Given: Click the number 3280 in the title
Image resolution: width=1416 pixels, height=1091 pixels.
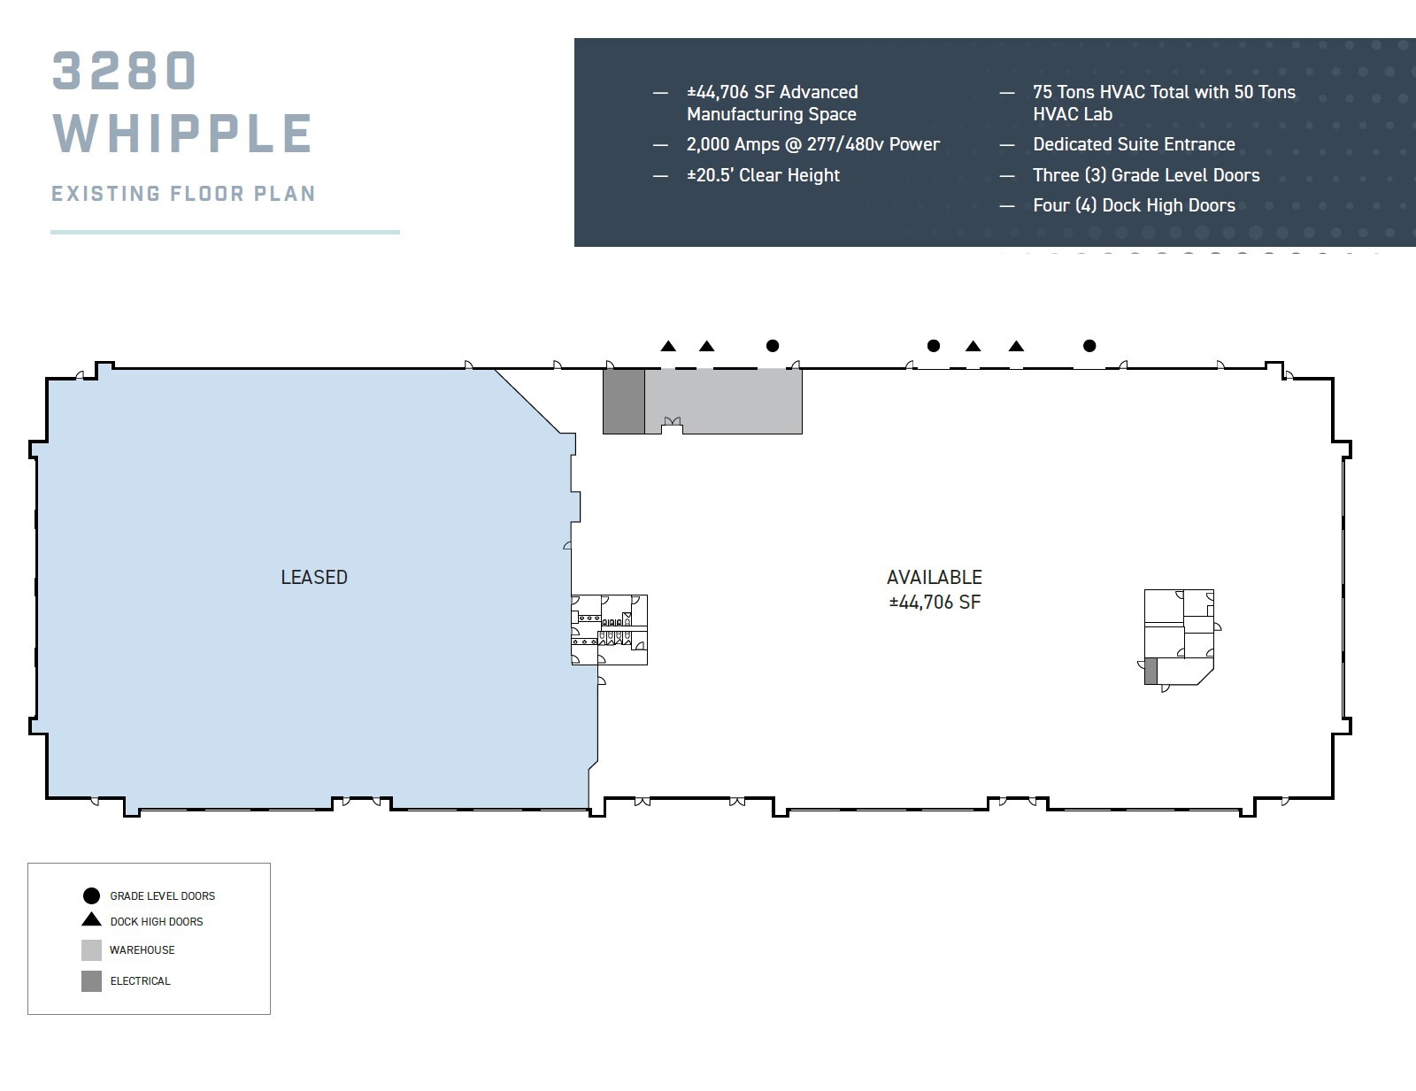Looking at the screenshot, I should tap(124, 71).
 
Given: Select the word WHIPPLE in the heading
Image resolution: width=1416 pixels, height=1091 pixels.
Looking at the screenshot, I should tap(182, 134).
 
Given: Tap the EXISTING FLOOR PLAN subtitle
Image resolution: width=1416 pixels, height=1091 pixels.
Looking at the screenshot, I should tap(183, 194).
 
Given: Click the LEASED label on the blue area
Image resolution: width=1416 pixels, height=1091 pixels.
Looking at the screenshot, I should tap(314, 577).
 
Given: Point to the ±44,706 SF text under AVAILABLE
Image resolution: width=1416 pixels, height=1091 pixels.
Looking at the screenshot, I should tap(935, 603).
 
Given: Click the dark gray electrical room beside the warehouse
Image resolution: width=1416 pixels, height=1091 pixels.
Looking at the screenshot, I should tap(623, 401).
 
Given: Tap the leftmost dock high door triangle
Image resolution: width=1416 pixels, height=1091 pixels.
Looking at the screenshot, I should tap(668, 347).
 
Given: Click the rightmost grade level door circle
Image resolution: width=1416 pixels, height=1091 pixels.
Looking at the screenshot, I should tap(1089, 346).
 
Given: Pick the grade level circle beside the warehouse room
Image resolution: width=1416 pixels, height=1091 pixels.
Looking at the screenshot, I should tap(773, 346).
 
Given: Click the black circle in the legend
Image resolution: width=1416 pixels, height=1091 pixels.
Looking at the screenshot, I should tap(91, 895).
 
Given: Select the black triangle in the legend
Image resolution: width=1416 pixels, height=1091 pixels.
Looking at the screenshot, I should tap(91, 920).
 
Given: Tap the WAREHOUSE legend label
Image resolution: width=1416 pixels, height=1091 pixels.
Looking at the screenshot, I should tap(142, 950).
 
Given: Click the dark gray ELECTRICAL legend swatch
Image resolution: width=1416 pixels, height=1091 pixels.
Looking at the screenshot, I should tap(91, 980).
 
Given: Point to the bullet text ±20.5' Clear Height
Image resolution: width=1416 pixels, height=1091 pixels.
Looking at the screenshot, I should tap(763, 175).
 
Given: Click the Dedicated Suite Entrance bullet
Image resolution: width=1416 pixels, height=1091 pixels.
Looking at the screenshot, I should tap(1134, 144).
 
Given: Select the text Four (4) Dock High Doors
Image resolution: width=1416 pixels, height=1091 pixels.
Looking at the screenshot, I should tap(1134, 205).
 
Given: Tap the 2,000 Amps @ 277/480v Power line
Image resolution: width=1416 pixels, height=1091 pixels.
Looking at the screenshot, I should tap(812, 144).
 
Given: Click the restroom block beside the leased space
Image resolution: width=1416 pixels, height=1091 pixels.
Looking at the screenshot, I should tap(609, 630).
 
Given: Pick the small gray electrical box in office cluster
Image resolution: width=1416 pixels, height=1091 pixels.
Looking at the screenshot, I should tap(1150, 671).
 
